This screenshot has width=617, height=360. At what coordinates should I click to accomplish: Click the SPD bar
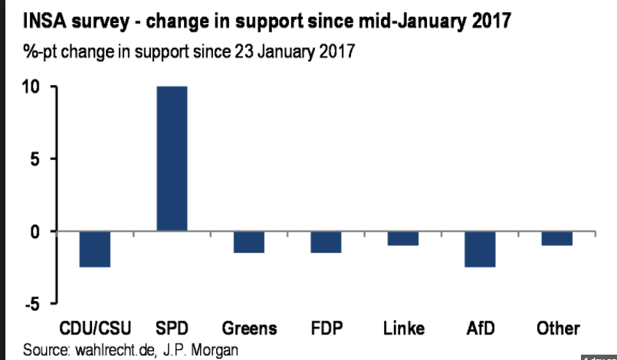(172, 159)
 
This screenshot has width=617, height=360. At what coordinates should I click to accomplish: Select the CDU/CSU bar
(95, 249)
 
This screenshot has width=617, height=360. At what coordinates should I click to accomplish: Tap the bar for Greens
(249, 242)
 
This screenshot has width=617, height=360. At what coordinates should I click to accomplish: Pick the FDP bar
(326, 242)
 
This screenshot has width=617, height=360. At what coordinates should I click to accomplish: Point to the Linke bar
(402, 238)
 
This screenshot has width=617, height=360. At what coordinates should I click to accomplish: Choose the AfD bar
(480, 249)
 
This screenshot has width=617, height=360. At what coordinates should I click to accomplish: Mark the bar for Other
(556, 238)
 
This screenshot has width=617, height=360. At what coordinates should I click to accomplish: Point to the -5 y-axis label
(30, 304)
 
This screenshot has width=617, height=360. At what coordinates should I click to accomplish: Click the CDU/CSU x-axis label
(95, 329)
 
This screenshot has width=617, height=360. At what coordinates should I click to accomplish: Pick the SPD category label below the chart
(172, 329)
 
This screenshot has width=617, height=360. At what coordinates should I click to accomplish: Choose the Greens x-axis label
(249, 329)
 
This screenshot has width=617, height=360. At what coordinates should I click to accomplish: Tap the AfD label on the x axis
(480, 329)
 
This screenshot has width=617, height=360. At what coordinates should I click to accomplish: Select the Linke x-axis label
(403, 329)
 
